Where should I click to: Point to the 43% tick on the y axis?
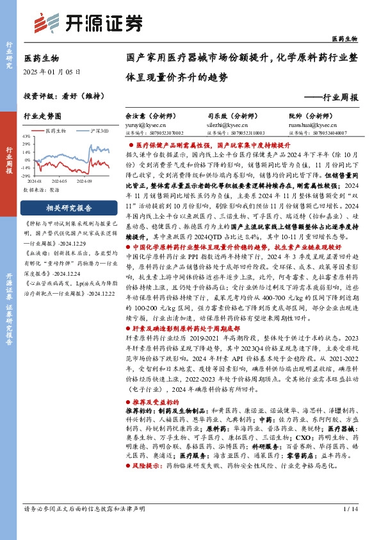26,137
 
